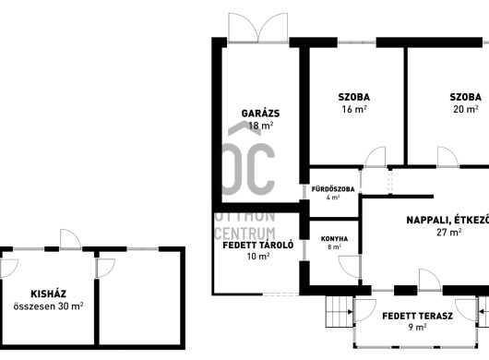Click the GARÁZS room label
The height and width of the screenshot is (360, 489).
point(260,113)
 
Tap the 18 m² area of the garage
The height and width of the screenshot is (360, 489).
point(261,126)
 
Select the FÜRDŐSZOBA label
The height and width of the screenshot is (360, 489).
point(333,189)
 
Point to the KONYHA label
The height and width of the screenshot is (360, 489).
point(334,239)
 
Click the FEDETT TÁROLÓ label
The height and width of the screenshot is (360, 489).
point(258,246)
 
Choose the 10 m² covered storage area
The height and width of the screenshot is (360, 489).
point(258,257)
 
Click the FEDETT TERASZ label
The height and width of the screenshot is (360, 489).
point(418,316)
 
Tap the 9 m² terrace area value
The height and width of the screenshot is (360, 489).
point(418,327)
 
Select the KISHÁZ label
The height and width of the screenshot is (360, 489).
point(48,294)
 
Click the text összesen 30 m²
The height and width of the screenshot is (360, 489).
point(48,306)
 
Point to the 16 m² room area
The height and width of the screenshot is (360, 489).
point(354,109)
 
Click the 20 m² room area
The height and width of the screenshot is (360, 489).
point(466,109)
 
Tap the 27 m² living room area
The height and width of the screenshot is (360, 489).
point(448,232)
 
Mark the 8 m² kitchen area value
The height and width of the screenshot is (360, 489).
point(334,246)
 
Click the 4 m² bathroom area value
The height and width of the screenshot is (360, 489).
point(333,198)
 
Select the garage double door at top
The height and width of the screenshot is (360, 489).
point(258,28)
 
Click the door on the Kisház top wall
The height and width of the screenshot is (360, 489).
point(71,239)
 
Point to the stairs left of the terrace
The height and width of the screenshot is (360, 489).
point(340,311)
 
